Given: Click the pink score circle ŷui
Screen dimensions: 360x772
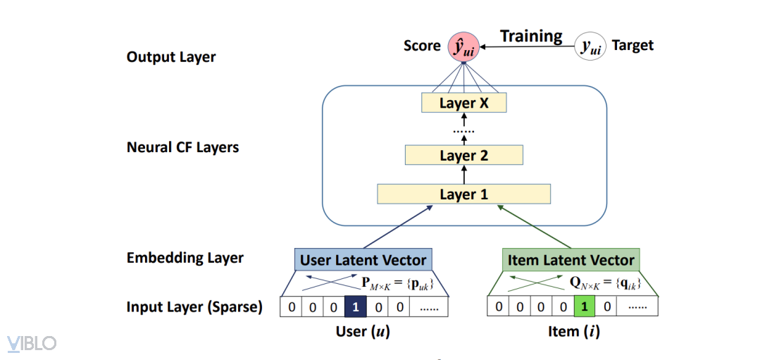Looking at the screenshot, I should pyautogui.click(x=464, y=46).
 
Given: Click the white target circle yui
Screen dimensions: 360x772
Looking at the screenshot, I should pyautogui.click(x=590, y=46).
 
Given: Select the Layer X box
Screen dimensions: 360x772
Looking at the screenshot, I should pyautogui.click(x=463, y=103).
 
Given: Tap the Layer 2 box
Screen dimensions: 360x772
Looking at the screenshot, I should pyautogui.click(x=463, y=155).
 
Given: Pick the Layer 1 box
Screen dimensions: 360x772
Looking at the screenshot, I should pyautogui.click(x=463, y=194).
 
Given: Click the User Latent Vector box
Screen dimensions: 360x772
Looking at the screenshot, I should pyautogui.click(x=363, y=260).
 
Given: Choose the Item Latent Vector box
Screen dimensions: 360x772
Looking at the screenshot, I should pyautogui.click(x=571, y=260).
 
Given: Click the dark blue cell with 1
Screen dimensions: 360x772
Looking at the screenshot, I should pyautogui.click(x=356, y=307).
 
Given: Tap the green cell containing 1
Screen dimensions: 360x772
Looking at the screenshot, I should pyautogui.click(x=584, y=307).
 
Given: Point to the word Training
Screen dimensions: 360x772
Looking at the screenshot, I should pyautogui.click(x=531, y=36).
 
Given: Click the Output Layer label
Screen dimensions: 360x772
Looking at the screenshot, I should pyautogui.click(x=171, y=57).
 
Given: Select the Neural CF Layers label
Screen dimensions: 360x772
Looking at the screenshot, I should pyautogui.click(x=182, y=148).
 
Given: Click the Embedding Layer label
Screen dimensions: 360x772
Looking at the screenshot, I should pyautogui.click(x=185, y=258).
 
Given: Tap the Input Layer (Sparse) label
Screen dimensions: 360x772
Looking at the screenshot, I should pyautogui.click(x=194, y=307).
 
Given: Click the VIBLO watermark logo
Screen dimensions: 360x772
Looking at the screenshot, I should pyautogui.click(x=32, y=343).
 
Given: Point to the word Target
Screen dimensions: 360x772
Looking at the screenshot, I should pyautogui.click(x=633, y=46).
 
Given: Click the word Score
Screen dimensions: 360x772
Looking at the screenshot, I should pyautogui.click(x=422, y=46).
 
